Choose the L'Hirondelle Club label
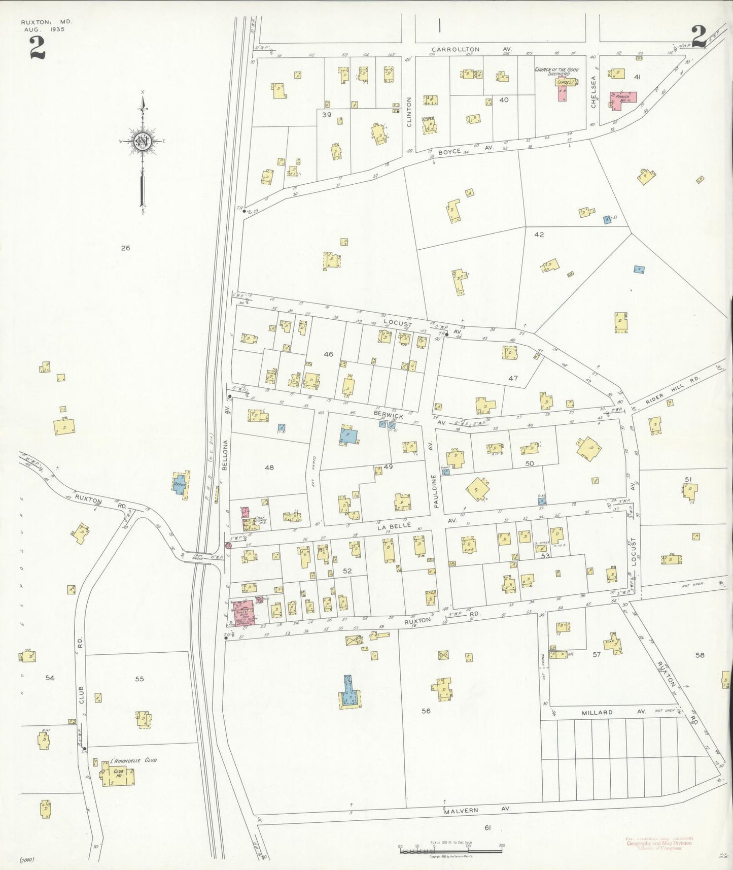tap(133, 760)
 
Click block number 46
tap(328, 354)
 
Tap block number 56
tap(426, 711)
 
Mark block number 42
tap(539, 235)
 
